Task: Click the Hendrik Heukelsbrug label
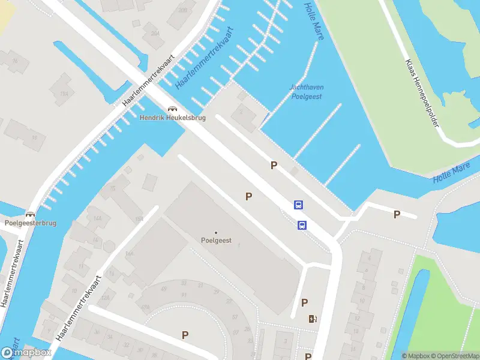click(173, 118)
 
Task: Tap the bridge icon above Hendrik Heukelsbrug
click(173, 109)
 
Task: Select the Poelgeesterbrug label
click(30, 223)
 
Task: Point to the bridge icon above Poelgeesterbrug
click(30, 214)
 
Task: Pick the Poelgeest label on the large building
click(216, 241)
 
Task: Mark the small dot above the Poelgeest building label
click(216, 233)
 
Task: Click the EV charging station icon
click(312, 319)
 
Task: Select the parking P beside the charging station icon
click(304, 303)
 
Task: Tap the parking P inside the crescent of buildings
click(185, 335)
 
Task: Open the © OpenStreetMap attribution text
click(457, 356)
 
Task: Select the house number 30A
click(155, 34)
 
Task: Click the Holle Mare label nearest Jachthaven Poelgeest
click(314, 22)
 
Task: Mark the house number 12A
click(105, 298)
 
